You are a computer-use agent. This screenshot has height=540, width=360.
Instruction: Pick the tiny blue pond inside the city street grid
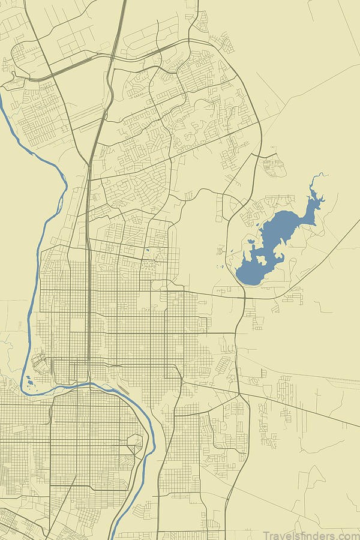(x=145, y=250)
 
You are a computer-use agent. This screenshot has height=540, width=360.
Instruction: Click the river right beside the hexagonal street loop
(x=144, y=447)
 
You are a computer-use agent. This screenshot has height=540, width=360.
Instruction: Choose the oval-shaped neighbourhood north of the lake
(x=273, y=166)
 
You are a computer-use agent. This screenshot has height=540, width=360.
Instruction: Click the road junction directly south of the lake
(x=245, y=296)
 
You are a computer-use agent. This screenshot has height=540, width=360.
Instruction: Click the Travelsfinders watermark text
(x=311, y=535)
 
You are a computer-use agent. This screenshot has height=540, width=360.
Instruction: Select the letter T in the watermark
(x=266, y=535)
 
